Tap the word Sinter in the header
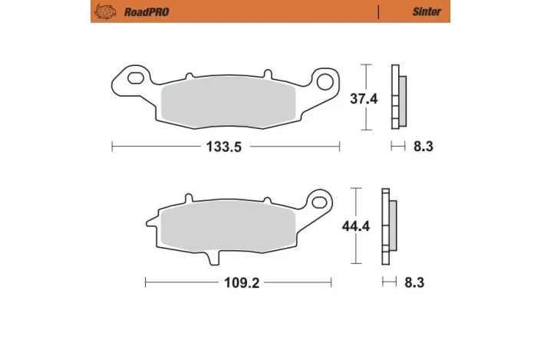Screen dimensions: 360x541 [x=427, y=12]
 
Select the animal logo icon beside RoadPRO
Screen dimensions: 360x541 [x=107, y=12]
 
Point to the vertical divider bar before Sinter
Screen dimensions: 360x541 [x=378, y=12]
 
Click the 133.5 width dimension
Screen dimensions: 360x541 [x=226, y=147]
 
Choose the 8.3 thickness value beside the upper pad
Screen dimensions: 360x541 [x=423, y=147]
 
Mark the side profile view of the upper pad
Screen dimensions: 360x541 [x=398, y=96]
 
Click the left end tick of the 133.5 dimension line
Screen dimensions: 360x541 [x=113, y=147]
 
